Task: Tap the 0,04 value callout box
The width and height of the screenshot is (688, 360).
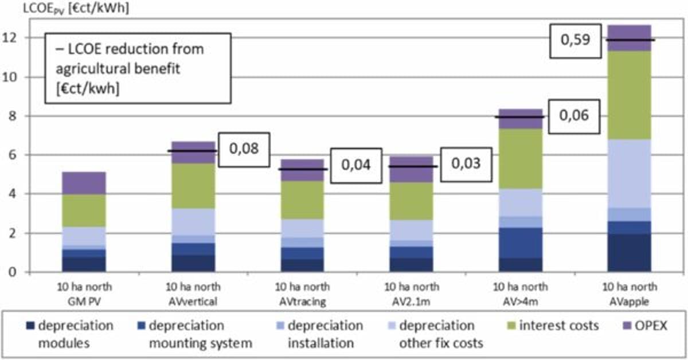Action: point(355,165)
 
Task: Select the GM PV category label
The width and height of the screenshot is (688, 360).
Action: point(84,291)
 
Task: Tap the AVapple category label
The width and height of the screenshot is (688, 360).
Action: point(629,291)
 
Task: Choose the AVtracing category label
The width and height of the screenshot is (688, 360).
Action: point(302,291)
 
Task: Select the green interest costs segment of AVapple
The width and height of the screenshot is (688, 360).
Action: point(629,95)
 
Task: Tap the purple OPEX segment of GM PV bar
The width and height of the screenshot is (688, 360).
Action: point(84,183)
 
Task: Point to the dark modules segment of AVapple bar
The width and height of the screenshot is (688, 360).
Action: point(629,252)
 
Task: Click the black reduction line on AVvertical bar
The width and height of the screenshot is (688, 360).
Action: point(193,151)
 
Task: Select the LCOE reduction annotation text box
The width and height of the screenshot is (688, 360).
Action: point(139,68)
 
